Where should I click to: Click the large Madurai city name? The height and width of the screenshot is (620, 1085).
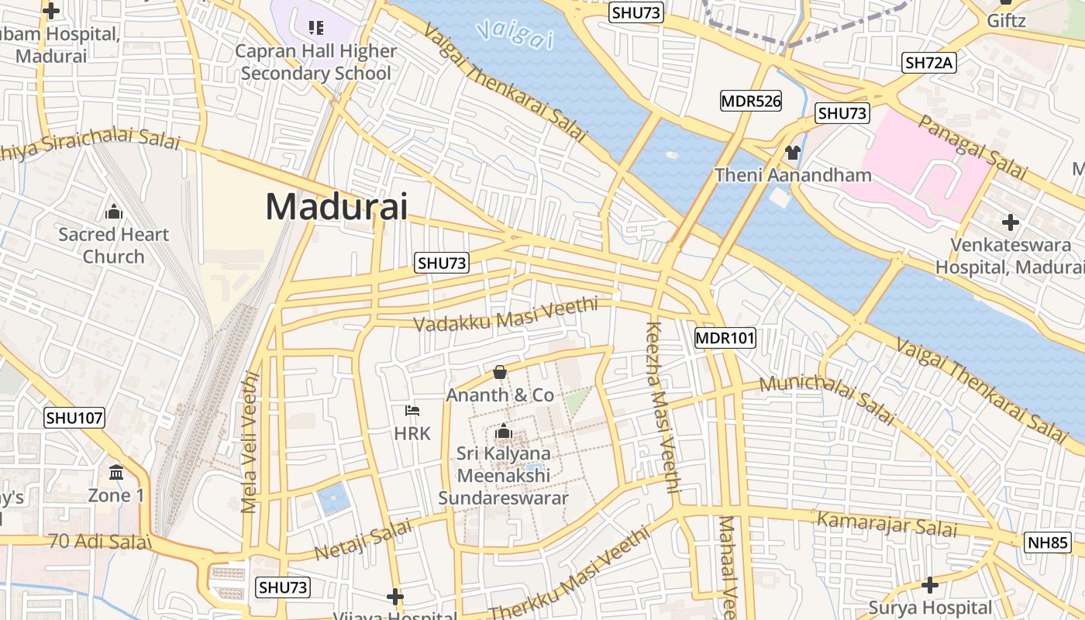[x=336, y=207]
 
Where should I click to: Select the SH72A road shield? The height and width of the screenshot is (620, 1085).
[x=928, y=64]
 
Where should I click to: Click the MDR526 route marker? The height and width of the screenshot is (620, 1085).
[x=750, y=100]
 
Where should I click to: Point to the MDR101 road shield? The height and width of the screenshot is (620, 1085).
[x=725, y=338]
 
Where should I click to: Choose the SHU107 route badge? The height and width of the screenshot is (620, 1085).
[x=74, y=418]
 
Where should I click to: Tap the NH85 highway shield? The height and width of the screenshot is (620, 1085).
[x=1048, y=542]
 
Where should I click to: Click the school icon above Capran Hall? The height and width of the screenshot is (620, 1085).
[x=315, y=29]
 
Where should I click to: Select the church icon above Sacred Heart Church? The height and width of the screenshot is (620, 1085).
[x=114, y=212]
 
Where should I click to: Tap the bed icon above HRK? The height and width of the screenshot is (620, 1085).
[x=412, y=410]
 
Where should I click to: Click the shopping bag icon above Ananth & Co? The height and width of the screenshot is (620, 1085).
[x=500, y=372]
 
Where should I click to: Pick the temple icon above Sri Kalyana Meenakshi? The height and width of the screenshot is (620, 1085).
[x=504, y=430]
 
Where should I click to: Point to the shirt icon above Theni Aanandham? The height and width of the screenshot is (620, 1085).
[x=793, y=153]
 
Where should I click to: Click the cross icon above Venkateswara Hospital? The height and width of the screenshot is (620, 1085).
[x=1010, y=223]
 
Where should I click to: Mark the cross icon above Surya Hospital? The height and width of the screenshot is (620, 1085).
[x=930, y=584]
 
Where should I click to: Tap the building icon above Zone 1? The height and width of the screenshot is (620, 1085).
[x=116, y=472]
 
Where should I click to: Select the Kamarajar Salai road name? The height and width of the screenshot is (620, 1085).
[x=887, y=525]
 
